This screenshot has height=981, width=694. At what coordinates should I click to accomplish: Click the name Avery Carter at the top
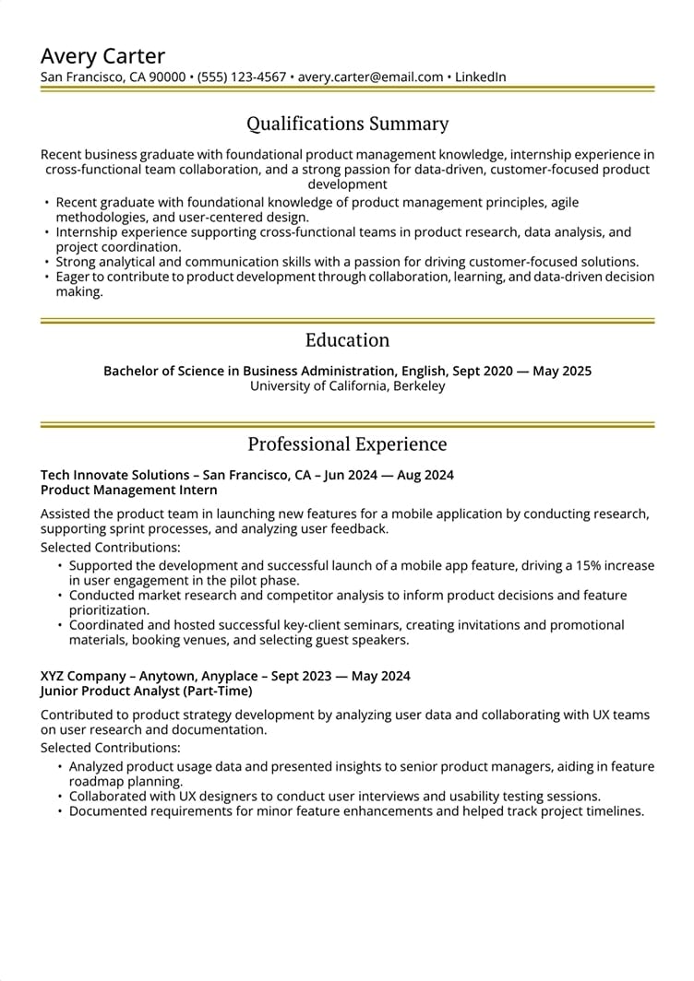(x=102, y=55)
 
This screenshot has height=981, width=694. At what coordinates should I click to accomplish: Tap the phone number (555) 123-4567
(x=242, y=77)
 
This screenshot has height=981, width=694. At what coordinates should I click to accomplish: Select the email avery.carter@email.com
(x=370, y=77)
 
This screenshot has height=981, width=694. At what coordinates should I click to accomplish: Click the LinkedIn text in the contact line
(x=480, y=77)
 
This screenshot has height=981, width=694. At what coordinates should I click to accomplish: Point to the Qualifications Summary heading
(x=347, y=124)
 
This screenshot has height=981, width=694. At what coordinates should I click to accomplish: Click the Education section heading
(x=347, y=339)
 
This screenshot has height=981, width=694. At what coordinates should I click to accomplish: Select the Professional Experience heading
(x=347, y=444)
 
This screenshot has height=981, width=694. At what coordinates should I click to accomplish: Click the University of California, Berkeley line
(x=347, y=386)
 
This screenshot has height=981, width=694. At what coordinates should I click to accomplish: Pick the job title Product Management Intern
(x=129, y=490)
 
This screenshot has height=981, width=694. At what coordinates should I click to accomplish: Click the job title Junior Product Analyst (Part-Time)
(x=146, y=691)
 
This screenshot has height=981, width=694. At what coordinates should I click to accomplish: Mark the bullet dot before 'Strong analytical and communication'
(x=47, y=263)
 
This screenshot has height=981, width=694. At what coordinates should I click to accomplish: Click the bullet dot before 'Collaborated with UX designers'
(x=60, y=797)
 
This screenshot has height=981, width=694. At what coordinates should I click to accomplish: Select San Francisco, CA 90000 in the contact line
(x=113, y=77)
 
